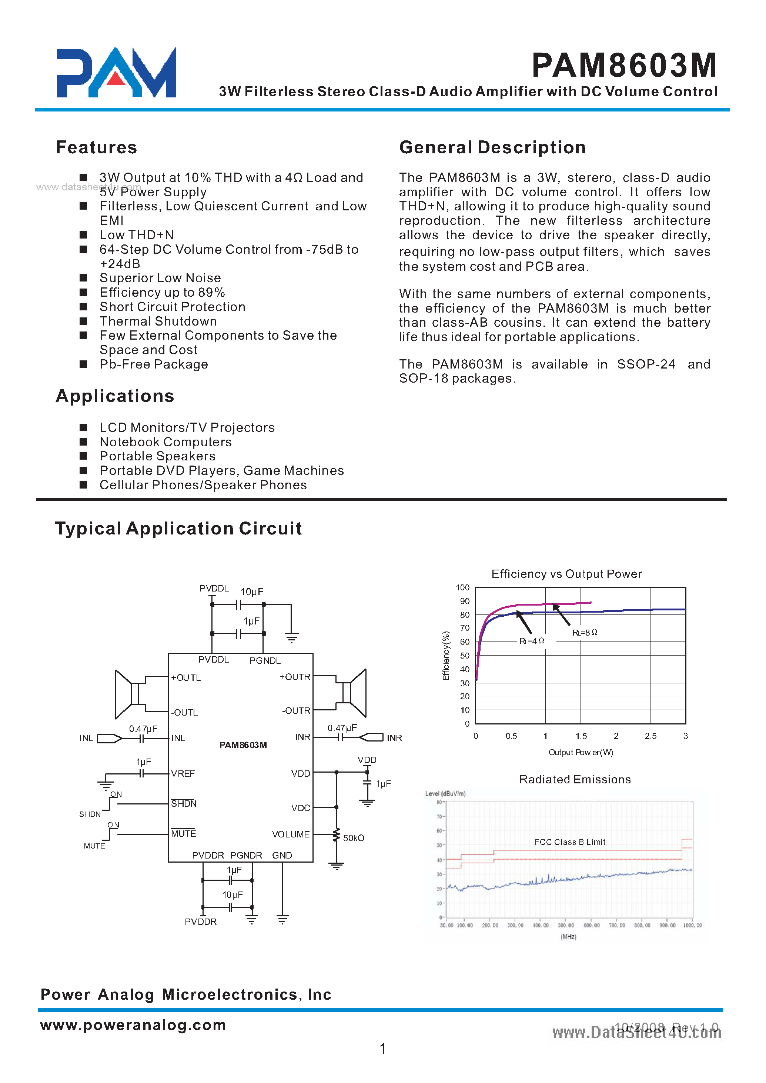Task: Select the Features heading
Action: (96, 147)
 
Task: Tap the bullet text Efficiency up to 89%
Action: (162, 292)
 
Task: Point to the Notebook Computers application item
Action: (165, 442)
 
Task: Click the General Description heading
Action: (492, 147)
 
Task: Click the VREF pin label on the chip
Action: (183, 773)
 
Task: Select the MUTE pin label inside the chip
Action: (184, 833)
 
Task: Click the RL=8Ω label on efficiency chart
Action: (585, 632)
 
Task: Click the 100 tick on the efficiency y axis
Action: (463, 587)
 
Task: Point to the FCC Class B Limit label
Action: (569, 842)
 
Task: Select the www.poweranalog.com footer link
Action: (133, 1024)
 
